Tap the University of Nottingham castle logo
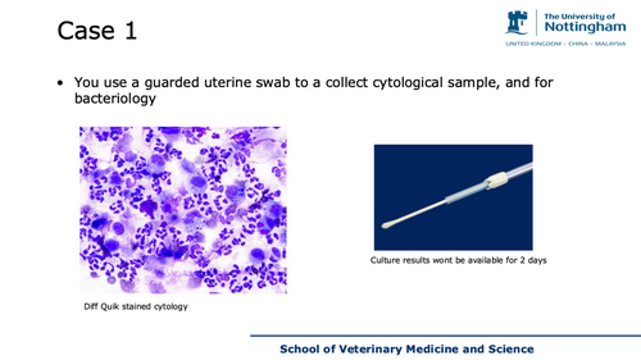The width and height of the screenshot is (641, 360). [x=516, y=23]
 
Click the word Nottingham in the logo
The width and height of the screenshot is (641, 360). [x=585, y=27]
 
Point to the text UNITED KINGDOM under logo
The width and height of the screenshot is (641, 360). [x=533, y=44]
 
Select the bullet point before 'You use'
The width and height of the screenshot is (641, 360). [x=60, y=83]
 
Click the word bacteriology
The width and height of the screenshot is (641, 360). [x=115, y=99]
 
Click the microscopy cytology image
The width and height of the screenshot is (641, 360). [x=183, y=210]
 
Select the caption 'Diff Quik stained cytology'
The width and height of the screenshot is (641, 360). [x=136, y=307]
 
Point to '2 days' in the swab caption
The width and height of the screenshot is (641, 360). [x=533, y=260]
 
